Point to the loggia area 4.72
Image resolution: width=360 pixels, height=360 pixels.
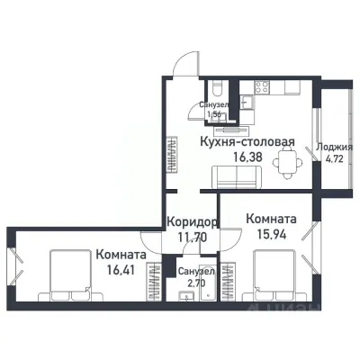click(x=335, y=160)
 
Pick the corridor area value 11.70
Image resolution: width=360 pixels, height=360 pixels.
click(x=191, y=238)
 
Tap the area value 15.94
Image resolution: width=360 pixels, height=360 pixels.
click(x=271, y=235)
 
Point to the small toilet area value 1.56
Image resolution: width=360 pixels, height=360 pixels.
click(x=215, y=115)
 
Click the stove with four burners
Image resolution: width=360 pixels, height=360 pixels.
click(x=264, y=87)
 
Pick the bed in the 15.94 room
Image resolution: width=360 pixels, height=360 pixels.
click(x=277, y=276)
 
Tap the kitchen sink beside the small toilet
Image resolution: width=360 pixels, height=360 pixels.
click(x=238, y=92)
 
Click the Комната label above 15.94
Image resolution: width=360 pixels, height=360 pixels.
click(x=271, y=219)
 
